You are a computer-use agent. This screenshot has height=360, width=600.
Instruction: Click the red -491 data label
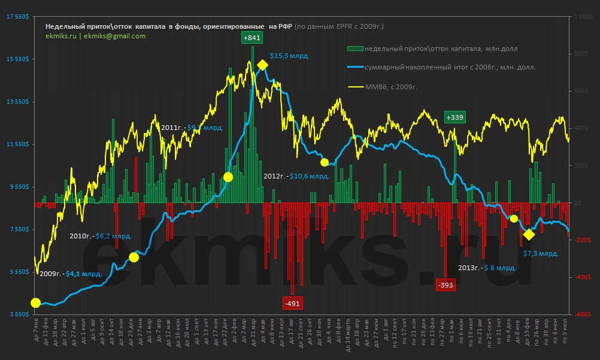coord(292,303)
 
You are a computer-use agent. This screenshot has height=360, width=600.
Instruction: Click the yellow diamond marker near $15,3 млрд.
coord(262,65)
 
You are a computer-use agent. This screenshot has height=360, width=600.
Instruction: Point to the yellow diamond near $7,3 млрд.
coord(529,234)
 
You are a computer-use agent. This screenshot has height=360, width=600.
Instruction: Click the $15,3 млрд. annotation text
coord(289,56)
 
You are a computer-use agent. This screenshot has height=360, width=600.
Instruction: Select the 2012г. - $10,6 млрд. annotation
coord(296,177)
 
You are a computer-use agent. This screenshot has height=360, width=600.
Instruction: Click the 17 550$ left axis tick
coord(17,17)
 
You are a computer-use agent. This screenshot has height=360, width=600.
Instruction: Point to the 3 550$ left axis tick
coord(18,314)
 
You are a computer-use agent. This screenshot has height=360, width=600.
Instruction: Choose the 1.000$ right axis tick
coord(583,17)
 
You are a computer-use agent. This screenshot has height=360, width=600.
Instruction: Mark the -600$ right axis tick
coord(582,314)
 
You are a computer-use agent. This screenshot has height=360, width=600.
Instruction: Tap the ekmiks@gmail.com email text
coord(115,36)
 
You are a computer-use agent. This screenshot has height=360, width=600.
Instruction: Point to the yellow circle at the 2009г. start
coord(35,303)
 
